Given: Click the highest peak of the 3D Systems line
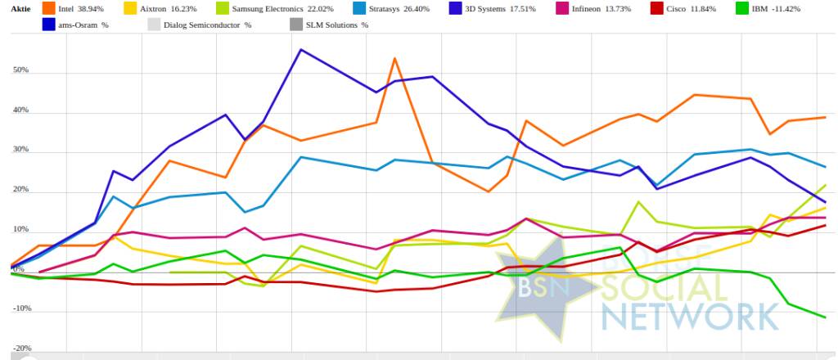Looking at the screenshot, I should point(301,49).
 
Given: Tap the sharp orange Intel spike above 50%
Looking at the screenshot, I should point(394,58).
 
